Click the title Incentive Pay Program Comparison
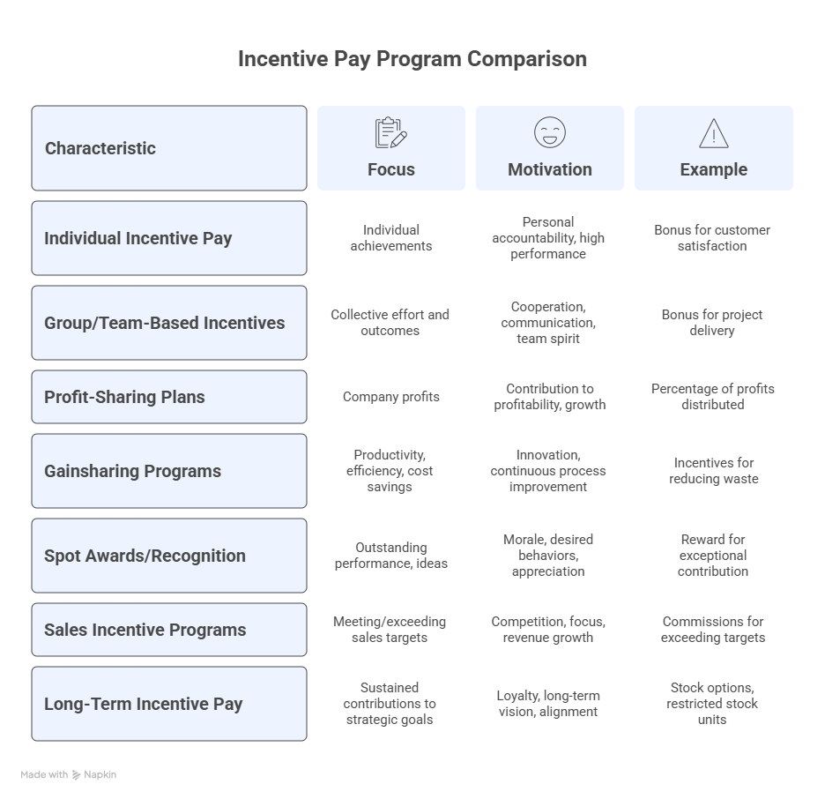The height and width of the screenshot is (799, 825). (412, 59)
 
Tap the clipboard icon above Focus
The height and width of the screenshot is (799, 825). (390, 133)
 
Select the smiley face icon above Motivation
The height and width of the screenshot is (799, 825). (549, 132)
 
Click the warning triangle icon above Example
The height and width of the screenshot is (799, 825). (713, 133)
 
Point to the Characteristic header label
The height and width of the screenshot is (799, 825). (100, 148)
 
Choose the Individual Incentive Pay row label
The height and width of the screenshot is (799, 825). (138, 238)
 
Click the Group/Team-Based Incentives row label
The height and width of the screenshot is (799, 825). (165, 323)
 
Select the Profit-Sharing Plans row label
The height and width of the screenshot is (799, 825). (124, 397)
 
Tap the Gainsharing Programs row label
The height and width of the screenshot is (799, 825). (132, 471)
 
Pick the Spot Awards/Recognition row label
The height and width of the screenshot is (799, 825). (145, 556)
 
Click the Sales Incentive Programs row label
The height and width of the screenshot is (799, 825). (145, 630)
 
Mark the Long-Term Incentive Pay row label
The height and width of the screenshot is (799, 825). (143, 704)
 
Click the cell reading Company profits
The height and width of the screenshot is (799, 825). (390, 397)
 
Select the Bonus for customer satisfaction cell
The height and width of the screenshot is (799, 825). (712, 238)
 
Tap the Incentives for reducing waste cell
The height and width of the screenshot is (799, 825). (713, 471)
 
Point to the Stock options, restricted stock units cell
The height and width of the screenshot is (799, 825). (713, 704)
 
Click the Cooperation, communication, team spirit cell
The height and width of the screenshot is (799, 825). (548, 323)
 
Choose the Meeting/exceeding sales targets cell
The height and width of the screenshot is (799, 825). (390, 630)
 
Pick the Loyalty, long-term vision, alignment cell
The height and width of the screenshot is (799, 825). (548, 704)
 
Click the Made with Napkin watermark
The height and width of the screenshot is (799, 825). (69, 775)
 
